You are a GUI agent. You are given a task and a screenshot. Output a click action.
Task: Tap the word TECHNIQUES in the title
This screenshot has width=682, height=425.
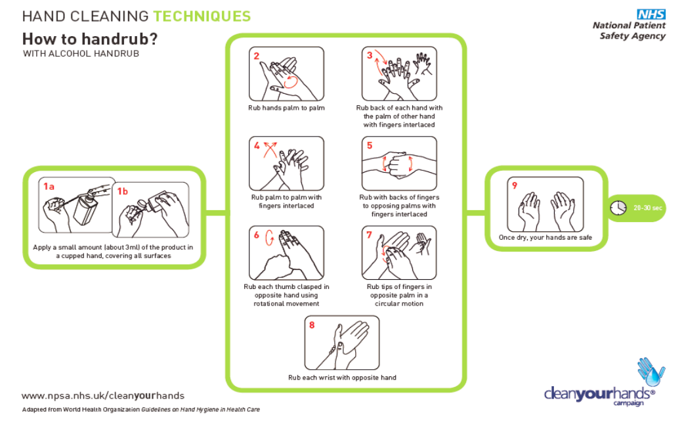click(x=202, y=16)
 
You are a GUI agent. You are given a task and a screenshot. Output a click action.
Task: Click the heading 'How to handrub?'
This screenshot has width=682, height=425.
click(x=90, y=38)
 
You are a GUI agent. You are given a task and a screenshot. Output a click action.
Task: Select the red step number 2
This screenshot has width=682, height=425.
click(x=257, y=56)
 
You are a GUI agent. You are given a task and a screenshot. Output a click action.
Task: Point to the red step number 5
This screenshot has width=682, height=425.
click(x=370, y=146)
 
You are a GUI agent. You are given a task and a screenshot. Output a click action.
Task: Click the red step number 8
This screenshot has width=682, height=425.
click(x=312, y=325)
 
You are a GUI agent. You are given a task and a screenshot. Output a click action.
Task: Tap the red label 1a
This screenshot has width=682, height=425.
click(x=49, y=187)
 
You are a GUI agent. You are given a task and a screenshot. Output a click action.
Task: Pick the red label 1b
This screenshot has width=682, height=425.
click(x=122, y=191)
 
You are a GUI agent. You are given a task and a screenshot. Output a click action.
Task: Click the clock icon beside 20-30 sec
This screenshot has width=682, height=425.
click(x=618, y=208)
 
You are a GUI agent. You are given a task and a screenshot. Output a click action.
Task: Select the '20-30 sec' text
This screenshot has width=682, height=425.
click(x=648, y=208)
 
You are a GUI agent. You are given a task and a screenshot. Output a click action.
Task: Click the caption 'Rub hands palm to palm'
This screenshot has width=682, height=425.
click(x=286, y=108)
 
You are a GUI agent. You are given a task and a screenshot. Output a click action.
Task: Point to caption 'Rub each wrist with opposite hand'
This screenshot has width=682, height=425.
click(x=342, y=378)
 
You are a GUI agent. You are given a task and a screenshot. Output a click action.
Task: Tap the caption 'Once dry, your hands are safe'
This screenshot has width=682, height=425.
click(x=545, y=238)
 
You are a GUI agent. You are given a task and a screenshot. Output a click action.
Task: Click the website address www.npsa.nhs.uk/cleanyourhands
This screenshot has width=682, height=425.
click(x=103, y=395)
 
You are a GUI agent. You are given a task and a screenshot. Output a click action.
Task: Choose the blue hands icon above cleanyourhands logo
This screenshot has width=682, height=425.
click(x=650, y=371)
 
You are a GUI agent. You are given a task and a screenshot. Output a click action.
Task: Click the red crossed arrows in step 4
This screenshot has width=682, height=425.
click(x=269, y=150)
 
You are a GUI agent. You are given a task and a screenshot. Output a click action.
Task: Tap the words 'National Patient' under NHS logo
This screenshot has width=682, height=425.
click(x=629, y=26)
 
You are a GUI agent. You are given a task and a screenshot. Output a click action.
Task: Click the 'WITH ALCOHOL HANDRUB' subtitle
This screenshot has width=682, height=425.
click(x=81, y=54)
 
